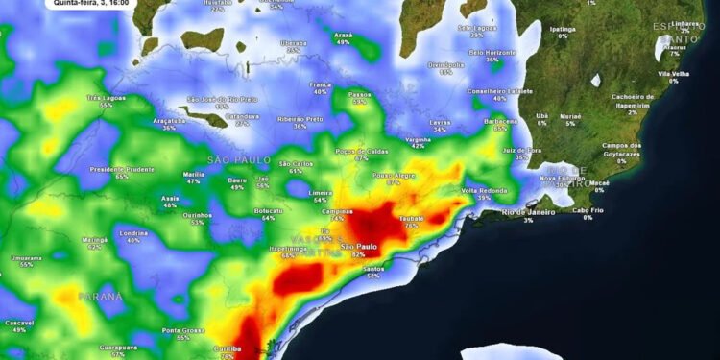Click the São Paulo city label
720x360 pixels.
tap(360, 247)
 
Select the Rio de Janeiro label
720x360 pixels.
tap(526, 211)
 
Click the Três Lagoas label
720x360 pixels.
tap(106, 97)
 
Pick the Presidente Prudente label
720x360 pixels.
tap(122, 169)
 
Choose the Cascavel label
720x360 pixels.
tap(18, 322)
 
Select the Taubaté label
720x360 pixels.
tap(411, 218)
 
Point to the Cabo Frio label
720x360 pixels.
tap(588, 210)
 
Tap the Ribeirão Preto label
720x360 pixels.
tap(300, 118)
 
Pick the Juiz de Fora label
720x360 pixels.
tap(521, 150)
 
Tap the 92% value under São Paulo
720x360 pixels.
tap(359, 255)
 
